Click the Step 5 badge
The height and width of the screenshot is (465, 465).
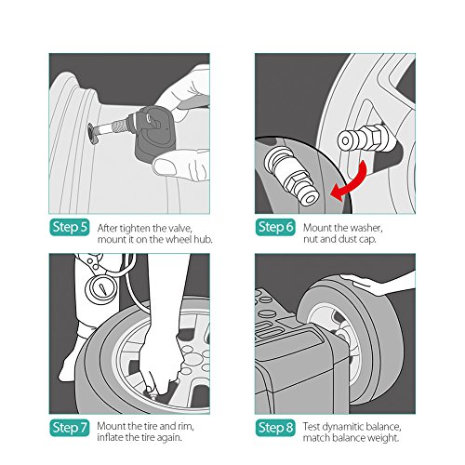pos(70,227)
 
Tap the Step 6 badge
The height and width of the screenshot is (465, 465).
pos(275,227)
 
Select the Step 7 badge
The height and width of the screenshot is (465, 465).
pos(70,428)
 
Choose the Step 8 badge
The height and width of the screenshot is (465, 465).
pos(275,428)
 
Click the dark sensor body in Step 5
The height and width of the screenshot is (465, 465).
pos(155,133)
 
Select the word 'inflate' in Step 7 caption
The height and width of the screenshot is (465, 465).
pos(110,437)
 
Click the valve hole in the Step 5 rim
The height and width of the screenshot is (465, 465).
pos(92,133)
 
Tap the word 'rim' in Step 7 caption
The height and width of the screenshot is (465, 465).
pos(185,426)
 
